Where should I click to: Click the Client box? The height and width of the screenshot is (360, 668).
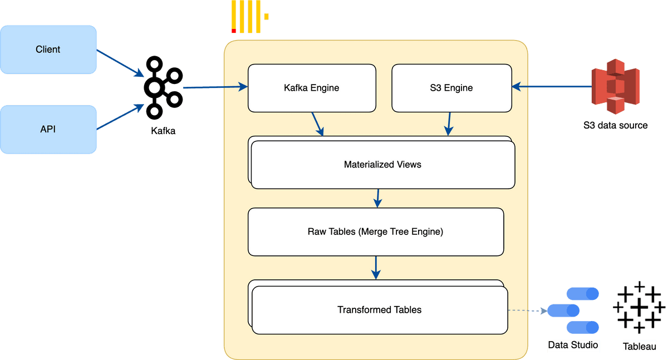(x=48, y=50)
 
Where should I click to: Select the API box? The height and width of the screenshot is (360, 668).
(x=48, y=130)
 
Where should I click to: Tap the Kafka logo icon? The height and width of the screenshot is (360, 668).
(x=163, y=88)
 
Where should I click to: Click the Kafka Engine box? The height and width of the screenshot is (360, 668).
(x=311, y=88)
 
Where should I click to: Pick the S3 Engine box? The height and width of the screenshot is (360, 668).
(x=451, y=88)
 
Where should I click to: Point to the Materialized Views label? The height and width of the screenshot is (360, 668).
(x=382, y=165)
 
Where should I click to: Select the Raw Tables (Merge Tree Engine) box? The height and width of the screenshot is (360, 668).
(x=376, y=231)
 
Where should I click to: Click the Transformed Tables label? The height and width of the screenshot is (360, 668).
(x=379, y=310)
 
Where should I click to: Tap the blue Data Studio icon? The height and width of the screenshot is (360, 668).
(x=573, y=310)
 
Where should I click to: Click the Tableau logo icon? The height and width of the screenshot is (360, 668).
(x=639, y=309)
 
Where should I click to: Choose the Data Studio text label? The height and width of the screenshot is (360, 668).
(x=573, y=346)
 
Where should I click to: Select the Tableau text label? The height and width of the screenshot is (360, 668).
(x=639, y=347)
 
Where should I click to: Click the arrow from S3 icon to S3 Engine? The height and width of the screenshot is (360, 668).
(x=551, y=86)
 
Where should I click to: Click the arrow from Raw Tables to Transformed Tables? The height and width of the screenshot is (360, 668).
(x=376, y=268)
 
